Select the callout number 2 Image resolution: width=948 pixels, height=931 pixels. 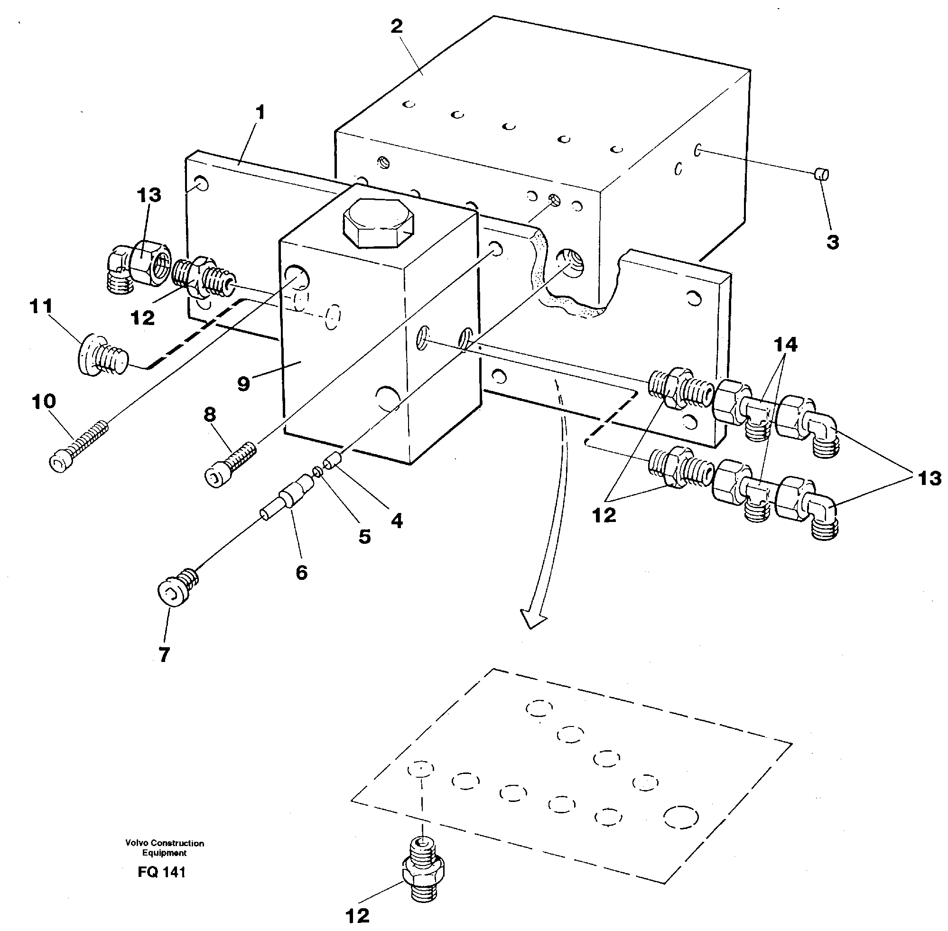tap(396, 27)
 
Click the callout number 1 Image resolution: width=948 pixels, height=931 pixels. tap(260, 112)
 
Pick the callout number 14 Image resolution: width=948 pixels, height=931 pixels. tap(785, 345)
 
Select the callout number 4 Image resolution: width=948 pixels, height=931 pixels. tap(397, 521)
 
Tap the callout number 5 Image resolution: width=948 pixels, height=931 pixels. tap(364, 536)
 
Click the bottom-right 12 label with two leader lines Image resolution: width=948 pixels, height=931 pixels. tap(604, 515)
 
